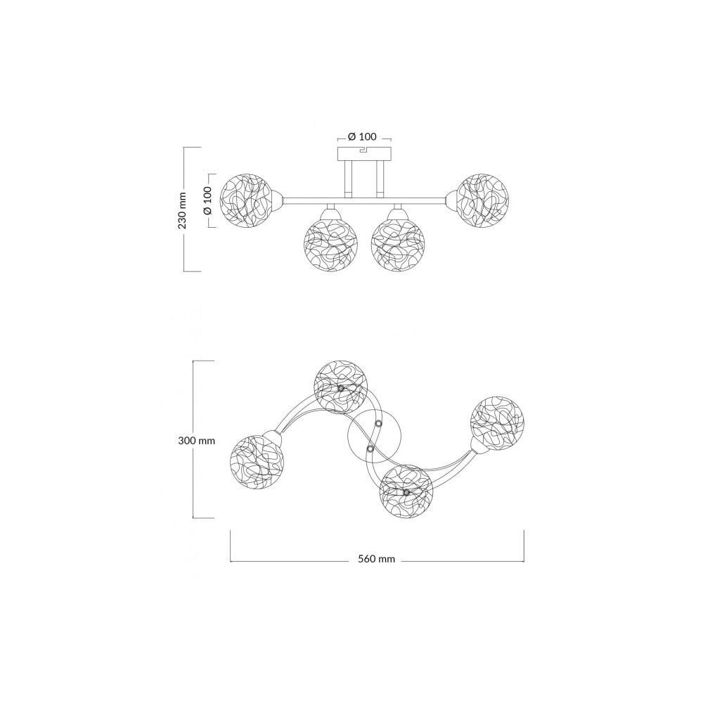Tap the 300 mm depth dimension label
(196, 441)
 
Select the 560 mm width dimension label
(377, 559)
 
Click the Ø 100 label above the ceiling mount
(362, 137)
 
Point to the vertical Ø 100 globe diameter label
(207, 200)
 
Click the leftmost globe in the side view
(247, 200)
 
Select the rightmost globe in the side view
(484, 200)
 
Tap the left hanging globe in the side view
(330, 245)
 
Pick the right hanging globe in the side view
(398, 245)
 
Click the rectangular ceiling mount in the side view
(364, 153)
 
